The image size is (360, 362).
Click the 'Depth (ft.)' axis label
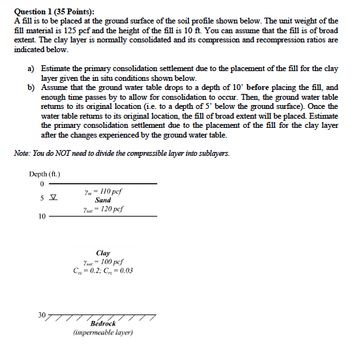pos(45,173)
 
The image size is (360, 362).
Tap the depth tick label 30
pos(41,315)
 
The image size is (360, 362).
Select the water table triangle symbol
pos(53,198)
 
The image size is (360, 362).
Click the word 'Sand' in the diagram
pos(103,200)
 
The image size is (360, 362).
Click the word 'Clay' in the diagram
pos(103,252)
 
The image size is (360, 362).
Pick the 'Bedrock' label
pos(103,324)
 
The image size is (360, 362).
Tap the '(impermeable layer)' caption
pos(103,333)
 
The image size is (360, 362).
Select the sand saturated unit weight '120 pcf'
pos(110,209)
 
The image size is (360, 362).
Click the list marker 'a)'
pos(31,68)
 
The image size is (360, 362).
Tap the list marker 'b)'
pos(31,87)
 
